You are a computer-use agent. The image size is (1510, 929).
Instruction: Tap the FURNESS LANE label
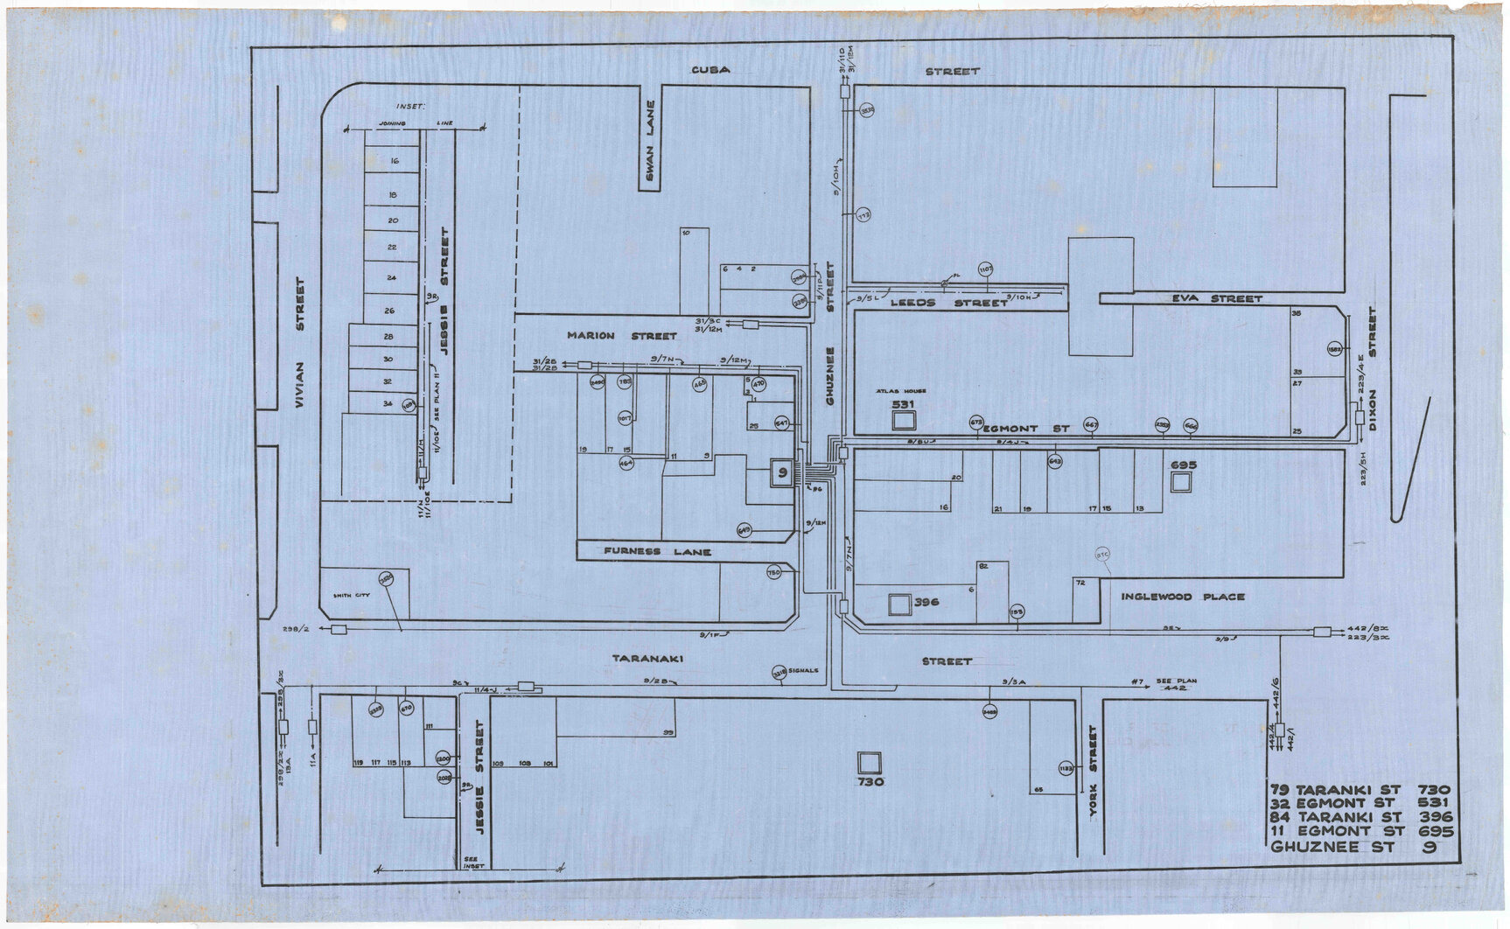pyautogui.click(x=656, y=552)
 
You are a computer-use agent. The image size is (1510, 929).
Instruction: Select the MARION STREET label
pyautogui.click(x=620, y=335)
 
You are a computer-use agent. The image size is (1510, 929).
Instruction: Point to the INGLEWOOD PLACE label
pyautogui.click(x=1182, y=597)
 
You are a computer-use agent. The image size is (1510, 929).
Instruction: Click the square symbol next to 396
pyautogui.click(x=898, y=604)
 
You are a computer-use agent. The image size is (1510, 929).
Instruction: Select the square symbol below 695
pyautogui.click(x=1182, y=483)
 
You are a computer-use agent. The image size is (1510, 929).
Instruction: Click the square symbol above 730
pyautogui.click(x=869, y=762)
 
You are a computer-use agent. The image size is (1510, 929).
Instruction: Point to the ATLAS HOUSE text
pyautogui.click(x=901, y=391)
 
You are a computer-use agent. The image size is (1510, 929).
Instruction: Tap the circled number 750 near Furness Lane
pyautogui.click(x=773, y=573)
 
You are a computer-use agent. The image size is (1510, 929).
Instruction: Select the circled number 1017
pyautogui.click(x=625, y=418)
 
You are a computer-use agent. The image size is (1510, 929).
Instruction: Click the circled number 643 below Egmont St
pyautogui.click(x=1055, y=460)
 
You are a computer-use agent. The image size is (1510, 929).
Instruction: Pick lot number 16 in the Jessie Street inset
pyautogui.click(x=393, y=161)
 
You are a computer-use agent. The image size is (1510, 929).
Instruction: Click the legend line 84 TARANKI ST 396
pyautogui.click(x=1360, y=816)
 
